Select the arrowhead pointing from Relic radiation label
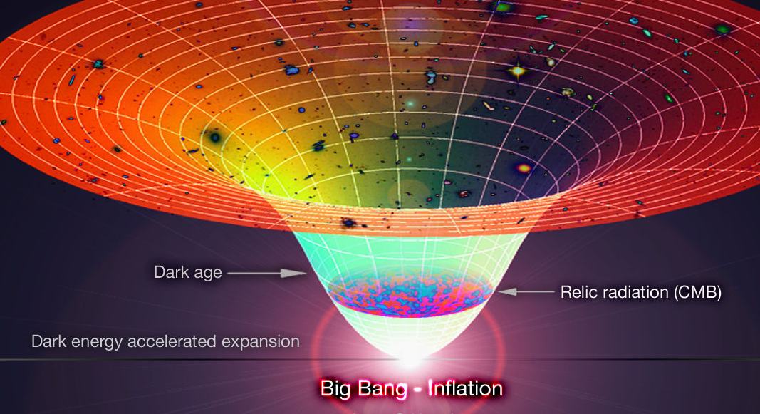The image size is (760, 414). pos(507,291)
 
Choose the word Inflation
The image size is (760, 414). pos(465,388)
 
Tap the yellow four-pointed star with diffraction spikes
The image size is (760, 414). pos(518,72)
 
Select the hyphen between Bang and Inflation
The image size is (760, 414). pos(417,390)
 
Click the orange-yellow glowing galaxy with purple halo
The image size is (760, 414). pos(524,168)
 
